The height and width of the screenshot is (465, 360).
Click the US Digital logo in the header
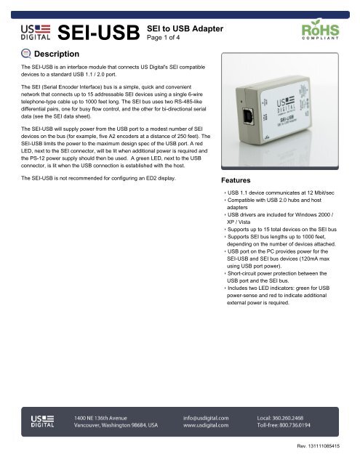coord(36,32)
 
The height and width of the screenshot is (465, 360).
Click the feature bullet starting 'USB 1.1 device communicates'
coord(280,194)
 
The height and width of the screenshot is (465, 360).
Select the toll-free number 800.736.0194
coord(305,427)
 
